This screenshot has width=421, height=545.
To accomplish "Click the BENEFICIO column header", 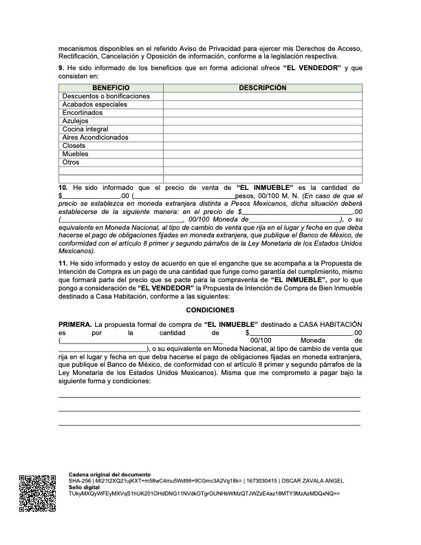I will [x=110, y=88].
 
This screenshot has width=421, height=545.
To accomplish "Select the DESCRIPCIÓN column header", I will [x=262, y=88].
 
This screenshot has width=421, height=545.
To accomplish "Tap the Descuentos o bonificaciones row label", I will [x=105, y=96].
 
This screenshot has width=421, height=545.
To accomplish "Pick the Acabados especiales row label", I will [x=94, y=105].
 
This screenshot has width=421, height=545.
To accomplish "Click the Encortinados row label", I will [x=83, y=113].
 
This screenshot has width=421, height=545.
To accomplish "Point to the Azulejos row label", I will [x=76, y=121].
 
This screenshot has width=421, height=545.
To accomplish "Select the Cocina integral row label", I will [x=85, y=129].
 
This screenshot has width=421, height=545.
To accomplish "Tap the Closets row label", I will [x=74, y=146].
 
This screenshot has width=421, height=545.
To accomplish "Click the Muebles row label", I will [x=75, y=154].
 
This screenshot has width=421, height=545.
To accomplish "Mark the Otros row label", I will [x=71, y=162].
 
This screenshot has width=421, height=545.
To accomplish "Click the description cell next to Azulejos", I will [x=262, y=121].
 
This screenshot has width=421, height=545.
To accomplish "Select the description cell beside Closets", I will [x=262, y=146].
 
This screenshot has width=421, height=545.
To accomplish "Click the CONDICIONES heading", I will [x=210, y=310].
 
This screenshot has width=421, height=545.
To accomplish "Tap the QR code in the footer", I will [x=37, y=493].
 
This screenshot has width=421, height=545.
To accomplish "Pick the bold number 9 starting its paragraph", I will [x=61, y=68].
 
